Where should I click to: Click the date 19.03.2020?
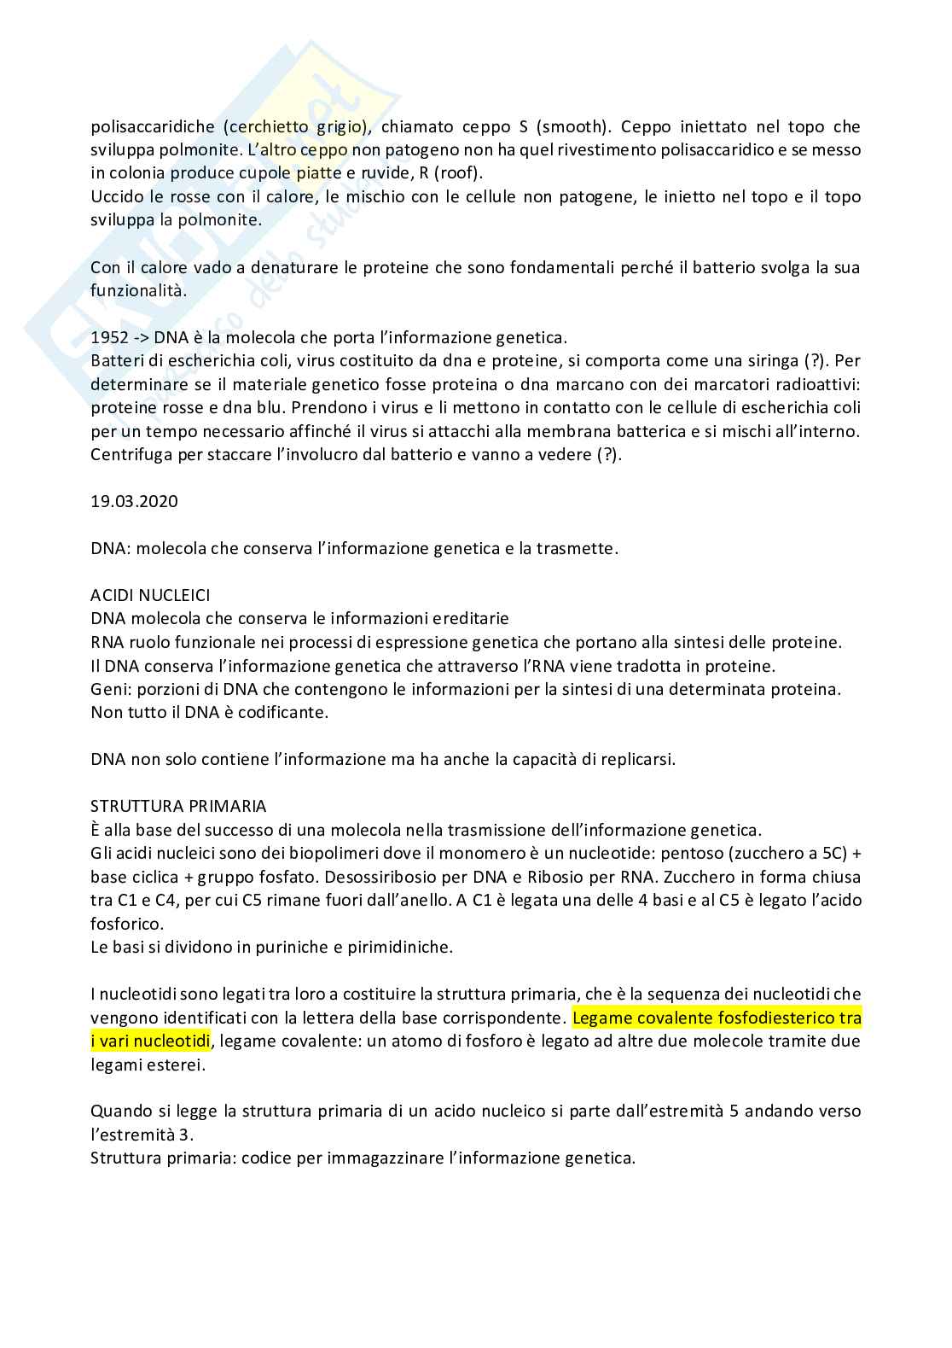(134, 501)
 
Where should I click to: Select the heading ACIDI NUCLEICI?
(150, 595)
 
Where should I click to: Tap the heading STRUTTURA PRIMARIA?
(178, 806)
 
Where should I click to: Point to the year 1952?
(108, 337)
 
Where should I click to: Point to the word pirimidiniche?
(402, 947)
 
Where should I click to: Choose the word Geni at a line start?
(107, 689)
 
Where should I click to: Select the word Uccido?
(116, 197)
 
